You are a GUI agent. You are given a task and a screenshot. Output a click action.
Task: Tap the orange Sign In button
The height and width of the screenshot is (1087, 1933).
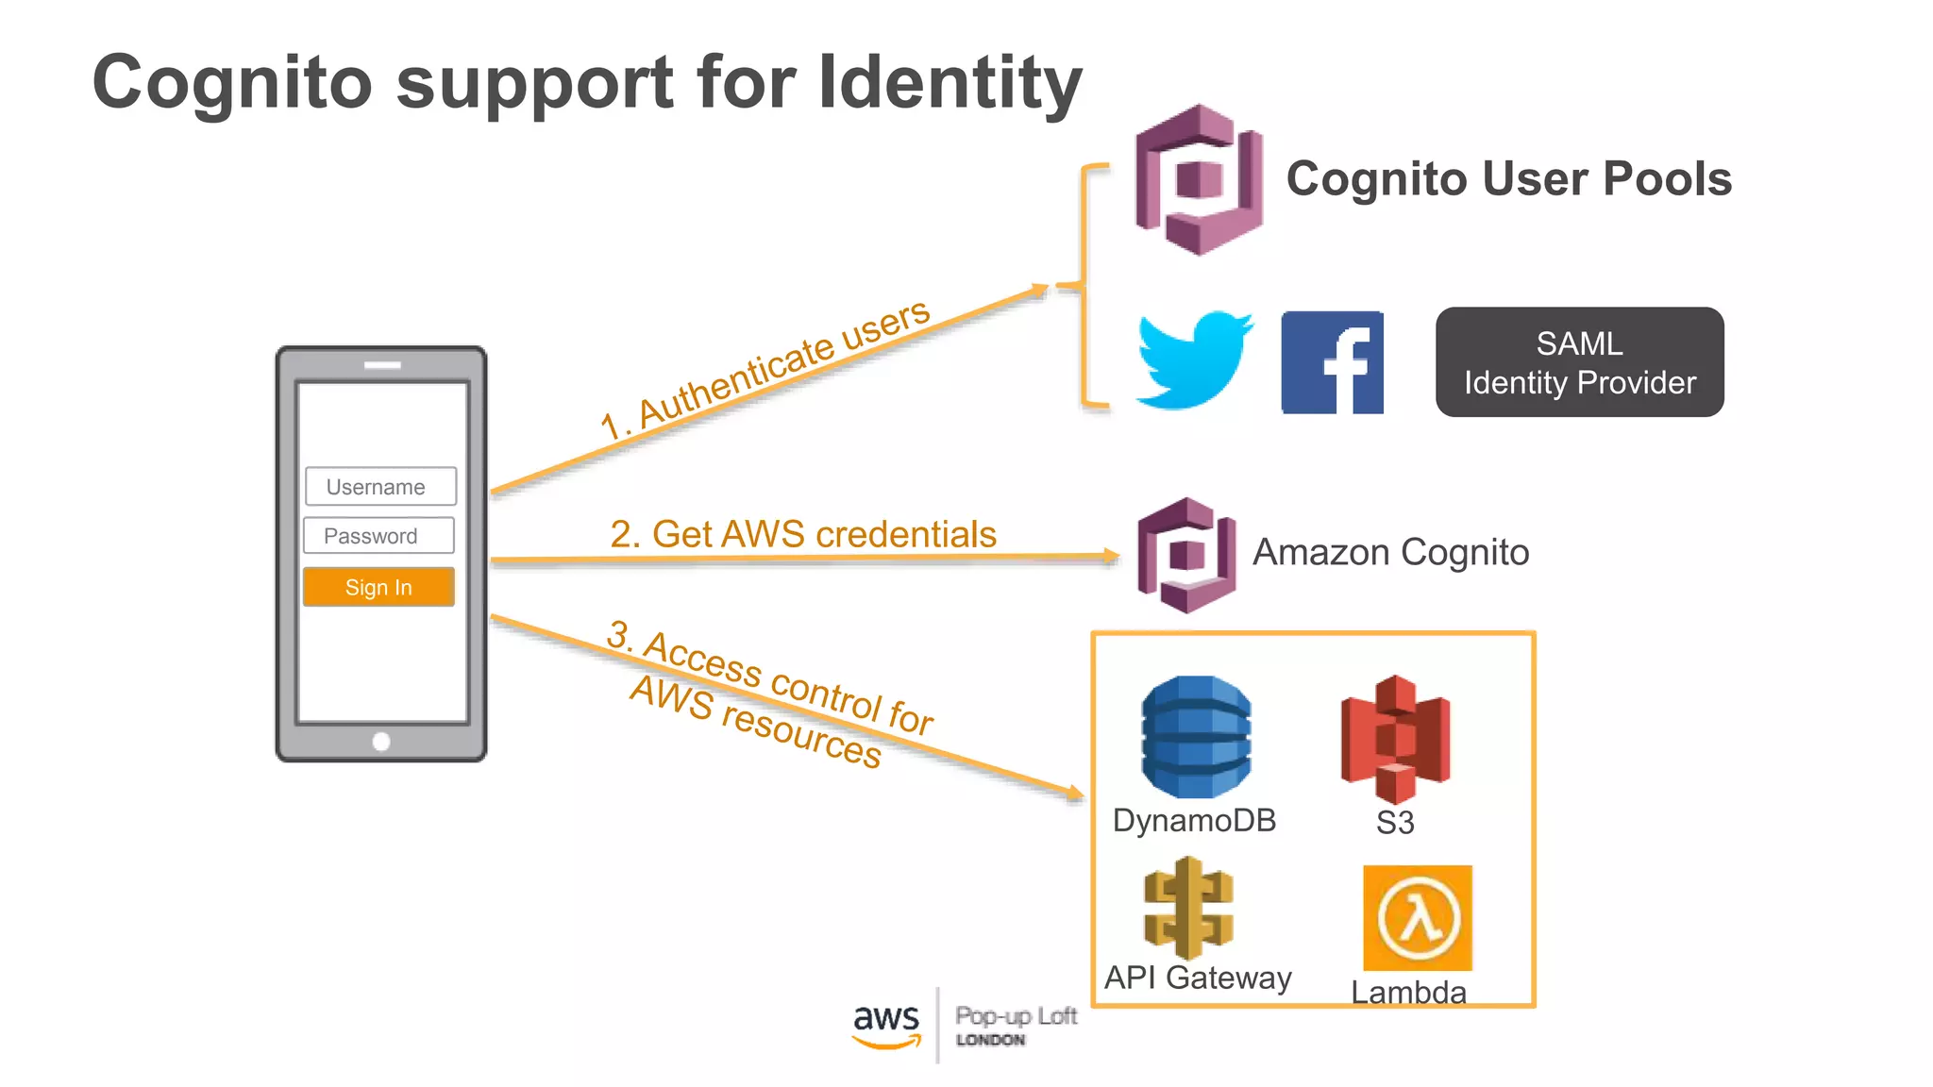(378, 587)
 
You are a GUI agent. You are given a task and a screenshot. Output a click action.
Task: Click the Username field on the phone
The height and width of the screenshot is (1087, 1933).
(380, 487)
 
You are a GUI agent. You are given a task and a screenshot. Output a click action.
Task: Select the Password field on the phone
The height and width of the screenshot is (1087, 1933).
(378, 536)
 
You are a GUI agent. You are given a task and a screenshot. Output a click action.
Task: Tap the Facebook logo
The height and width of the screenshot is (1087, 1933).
(1332, 363)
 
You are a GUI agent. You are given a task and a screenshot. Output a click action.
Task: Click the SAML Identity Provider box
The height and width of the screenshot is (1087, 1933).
(1579, 362)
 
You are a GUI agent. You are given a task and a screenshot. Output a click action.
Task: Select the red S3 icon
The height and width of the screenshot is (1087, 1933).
(1395, 739)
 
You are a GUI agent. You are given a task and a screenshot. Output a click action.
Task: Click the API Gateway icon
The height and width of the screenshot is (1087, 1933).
(1188, 908)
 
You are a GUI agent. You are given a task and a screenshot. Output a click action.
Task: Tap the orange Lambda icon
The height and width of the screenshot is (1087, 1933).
(1417, 918)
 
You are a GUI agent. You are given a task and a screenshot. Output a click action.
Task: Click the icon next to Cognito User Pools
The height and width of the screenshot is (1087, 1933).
(1199, 179)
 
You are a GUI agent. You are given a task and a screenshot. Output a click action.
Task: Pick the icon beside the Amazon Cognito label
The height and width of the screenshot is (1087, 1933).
(1186, 555)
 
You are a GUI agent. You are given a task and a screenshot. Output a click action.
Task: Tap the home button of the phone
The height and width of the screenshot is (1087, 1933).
(381, 742)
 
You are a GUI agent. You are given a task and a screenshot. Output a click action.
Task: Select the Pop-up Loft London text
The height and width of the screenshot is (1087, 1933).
(1016, 1026)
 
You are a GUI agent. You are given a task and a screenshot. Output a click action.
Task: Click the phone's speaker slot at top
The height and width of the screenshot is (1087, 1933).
(382, 365)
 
